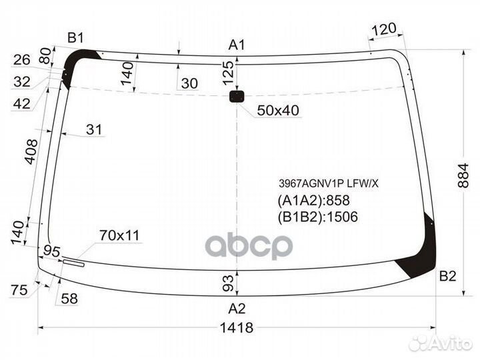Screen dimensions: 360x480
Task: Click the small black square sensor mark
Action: [x=237, y=97]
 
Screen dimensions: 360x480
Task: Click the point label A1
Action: [x=237, y=45]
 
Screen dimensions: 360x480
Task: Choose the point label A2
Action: [x=237, y=308]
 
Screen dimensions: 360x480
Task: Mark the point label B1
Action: [x=75, y=37]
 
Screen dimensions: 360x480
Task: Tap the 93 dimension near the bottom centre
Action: [x=228, y=283]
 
